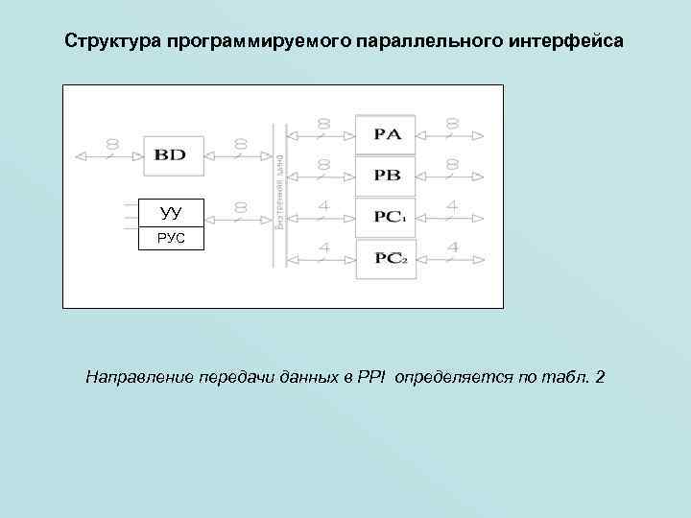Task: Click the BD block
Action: pyautogui.click(x=173, y=155)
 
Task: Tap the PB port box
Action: pyautogui.click(x=386, y=176)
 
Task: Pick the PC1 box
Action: pyautogui.click(x=386, y=218)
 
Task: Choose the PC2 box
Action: pyautogui.click(x=386, y=259)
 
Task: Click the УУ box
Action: pyautogui.click(x=171, y=213)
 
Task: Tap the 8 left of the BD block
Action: pyautogui.click(x=112, y=144)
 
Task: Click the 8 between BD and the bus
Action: pyautogui.click(x=239, y=144)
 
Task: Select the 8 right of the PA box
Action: pyautogui.click(x=451, y=124)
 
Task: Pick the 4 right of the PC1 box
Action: pyautogui.click(x=451, y=206)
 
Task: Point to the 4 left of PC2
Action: pyautogui.click(x=323, y=247)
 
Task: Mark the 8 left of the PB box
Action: pyautogui.click(x=323, y=165)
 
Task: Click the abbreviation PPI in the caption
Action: pyautogui.click(x=370, y=374)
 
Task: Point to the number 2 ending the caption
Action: pyautogui.click(x=600, y=374)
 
